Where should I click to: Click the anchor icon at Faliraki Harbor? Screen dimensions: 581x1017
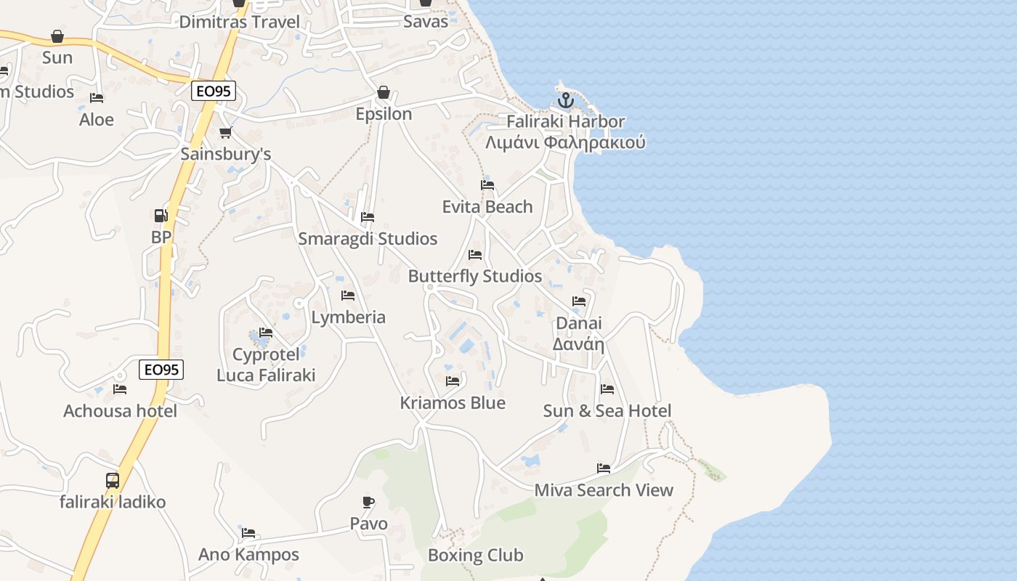point(565,101)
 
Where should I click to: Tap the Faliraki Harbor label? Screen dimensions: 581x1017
point(565,121)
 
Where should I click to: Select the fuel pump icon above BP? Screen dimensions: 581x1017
point(161,216)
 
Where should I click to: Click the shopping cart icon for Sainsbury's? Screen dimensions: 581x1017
point(226,133)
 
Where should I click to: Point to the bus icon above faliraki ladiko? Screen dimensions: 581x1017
point(113,480)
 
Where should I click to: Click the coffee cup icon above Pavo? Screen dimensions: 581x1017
point(368,502)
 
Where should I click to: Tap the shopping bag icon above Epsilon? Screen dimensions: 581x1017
point(384,93)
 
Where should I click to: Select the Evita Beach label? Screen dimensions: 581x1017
point(487,207)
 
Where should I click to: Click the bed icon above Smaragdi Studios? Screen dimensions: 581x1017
point(368,217)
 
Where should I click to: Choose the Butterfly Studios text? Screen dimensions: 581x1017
point(475,276)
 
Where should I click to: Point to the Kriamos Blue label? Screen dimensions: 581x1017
point(453,403)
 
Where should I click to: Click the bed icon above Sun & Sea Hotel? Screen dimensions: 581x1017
point(607,389)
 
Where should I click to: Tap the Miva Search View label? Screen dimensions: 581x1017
point(604,490)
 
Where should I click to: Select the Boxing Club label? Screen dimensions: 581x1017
point(475,556)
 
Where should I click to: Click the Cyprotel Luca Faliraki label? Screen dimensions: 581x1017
point(266,365)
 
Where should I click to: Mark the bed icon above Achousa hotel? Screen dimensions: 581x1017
point(120,389)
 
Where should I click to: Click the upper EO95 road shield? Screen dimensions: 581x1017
point(214,91)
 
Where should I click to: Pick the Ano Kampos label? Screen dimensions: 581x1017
point(248,555)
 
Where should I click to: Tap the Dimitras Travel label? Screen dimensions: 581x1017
point(239,22)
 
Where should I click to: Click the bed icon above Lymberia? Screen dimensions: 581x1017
point(348,296)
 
